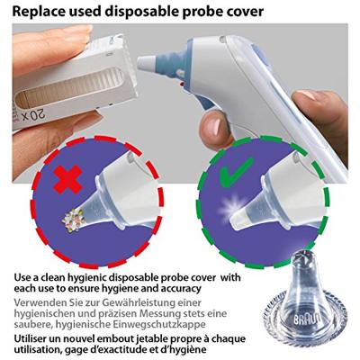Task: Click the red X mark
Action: pos(67,179)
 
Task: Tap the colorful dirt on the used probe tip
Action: pos(70,220)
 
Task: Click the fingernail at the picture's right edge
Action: pos(307,96)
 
